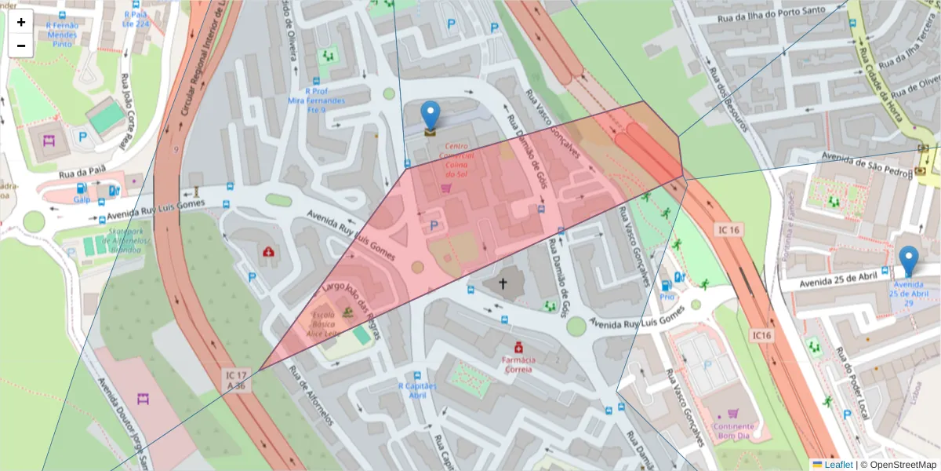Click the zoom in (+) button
(21, 22)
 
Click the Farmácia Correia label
(518, 363)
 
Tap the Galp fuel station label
(82, 199)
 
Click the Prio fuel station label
(667, 298)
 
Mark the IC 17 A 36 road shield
(235, 380)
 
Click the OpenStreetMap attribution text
(898, 464)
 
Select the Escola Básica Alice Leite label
(324, 323)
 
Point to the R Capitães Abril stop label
(416, 390)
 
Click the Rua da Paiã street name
(83, 173)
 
